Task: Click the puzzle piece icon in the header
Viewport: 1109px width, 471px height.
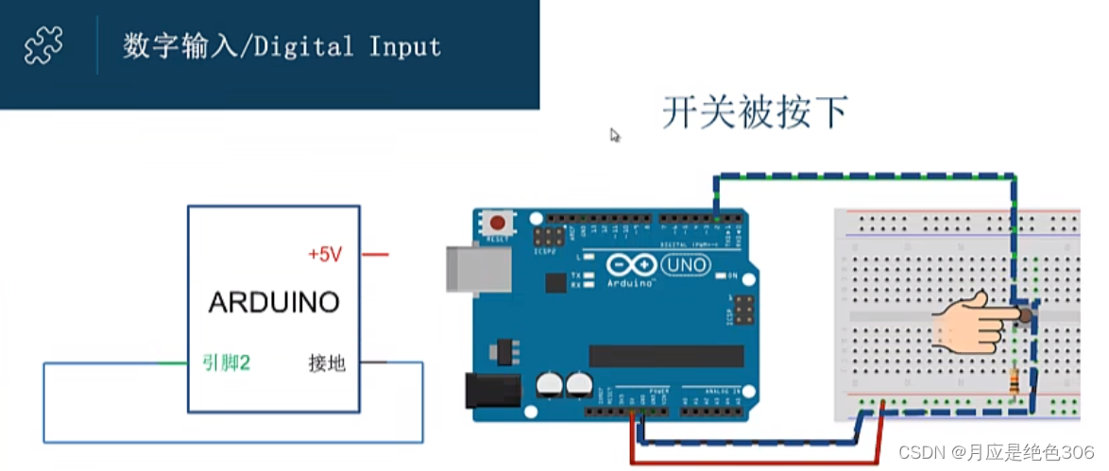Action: [x=43, y=44]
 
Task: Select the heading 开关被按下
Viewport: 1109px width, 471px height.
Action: [x=754, y=112]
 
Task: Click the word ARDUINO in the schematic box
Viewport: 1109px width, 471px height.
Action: [x=274, y=303]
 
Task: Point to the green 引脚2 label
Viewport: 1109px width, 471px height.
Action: [x=226, y=362]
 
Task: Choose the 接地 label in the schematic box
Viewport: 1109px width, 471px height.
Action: [x=327, y=362]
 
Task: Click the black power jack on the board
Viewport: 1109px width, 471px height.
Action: [x=493, y=390]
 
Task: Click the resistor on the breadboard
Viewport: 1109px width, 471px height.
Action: [x=1015, y=382]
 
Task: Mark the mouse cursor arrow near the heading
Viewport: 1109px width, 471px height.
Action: [x=615, y=136]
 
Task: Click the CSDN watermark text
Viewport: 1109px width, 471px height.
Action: [x=996, y=453]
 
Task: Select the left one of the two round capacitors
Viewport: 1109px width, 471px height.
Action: [x=550, y=384]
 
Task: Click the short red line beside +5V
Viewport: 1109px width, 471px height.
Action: [x=375, y=254]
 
